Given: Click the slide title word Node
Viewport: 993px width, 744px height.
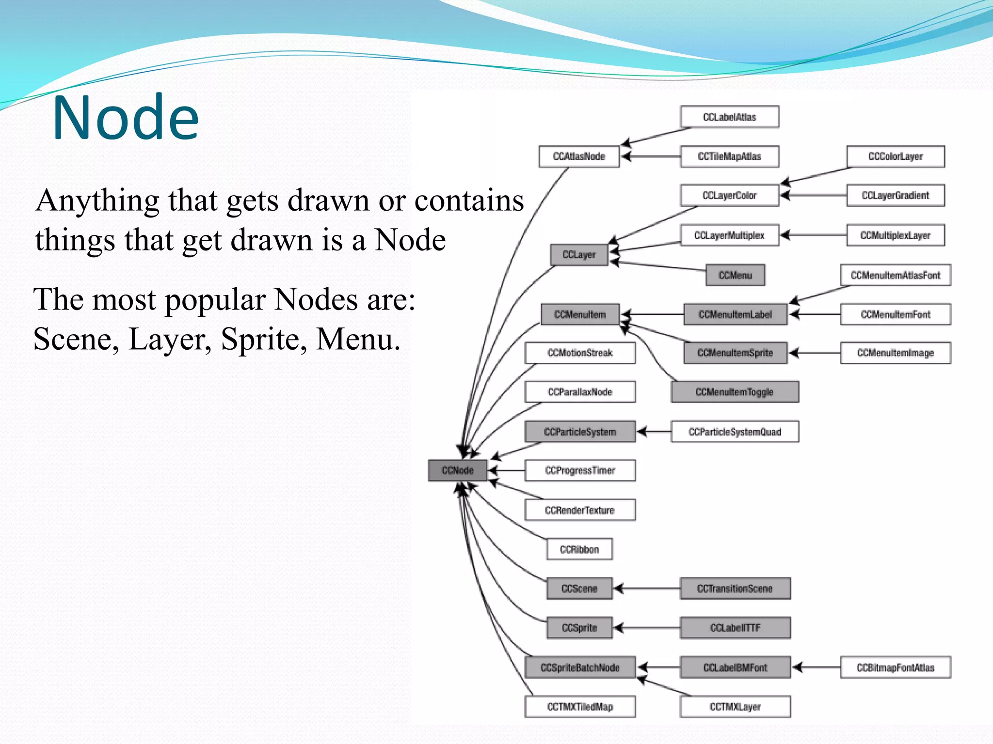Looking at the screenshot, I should click(x=126, y=118).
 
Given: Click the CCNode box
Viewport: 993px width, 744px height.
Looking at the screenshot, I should click(x=457, y=470).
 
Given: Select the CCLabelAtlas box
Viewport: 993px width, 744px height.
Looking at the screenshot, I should click(x=729, y=117).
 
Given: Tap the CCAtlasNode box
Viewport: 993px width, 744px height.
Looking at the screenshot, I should click(x=579, y=156).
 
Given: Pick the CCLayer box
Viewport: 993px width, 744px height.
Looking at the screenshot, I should click(x=579, y=255).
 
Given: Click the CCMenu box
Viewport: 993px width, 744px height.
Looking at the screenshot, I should click(x=735, y=275).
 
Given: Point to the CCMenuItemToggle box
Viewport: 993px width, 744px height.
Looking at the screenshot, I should click(x=735, y=392).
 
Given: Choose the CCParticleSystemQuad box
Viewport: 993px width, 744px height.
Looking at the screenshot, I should click(x=735, y=432).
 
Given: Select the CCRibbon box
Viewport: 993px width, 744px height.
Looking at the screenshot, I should click(x=579, y=549).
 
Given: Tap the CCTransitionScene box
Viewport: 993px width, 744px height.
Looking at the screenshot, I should click(x=735, y=589).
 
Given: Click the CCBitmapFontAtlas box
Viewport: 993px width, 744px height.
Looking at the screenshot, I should click(x=895, y=667).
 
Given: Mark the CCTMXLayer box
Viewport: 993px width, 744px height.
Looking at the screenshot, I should click(x=735, y=707).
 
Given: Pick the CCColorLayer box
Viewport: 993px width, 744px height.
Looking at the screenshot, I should click(x=895, y=156).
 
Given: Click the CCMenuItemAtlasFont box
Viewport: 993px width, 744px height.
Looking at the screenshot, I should click(x=895, y=275).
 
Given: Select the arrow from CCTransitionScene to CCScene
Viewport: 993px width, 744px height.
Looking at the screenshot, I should click(x=647, y=589).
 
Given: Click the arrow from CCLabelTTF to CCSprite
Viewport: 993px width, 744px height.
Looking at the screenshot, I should click(x=647, y=628).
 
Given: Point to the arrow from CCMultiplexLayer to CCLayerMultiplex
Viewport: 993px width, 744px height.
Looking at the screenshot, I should click(x=814, y=235).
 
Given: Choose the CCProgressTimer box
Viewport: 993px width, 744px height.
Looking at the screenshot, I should click(x=580, y=470).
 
